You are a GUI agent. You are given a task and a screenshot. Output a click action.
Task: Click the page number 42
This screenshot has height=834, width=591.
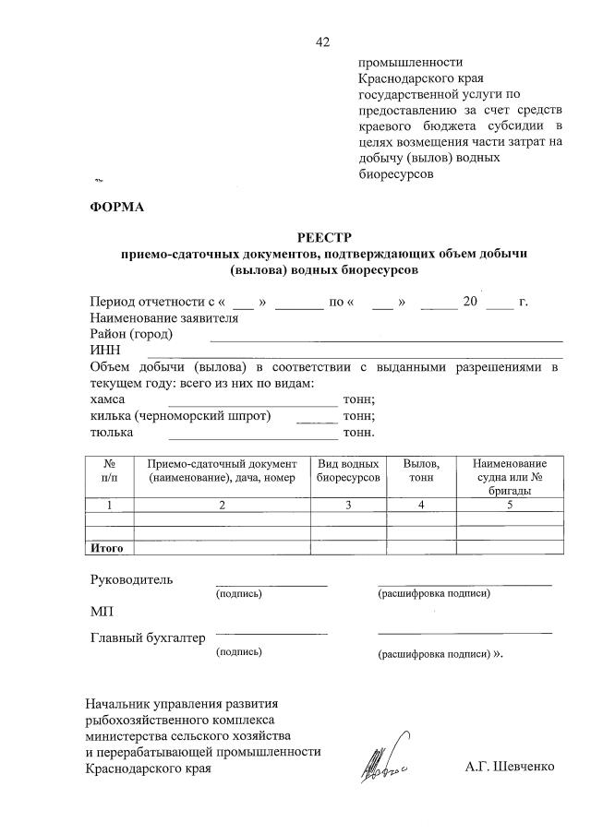click(x=322, y=42)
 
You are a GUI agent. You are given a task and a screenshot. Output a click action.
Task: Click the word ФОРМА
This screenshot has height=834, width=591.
click(x=117, y=207)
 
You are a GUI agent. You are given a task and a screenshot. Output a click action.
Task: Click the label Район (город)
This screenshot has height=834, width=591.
click(x=130, y=334)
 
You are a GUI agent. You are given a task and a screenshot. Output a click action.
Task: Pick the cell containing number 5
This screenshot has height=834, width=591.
click(x=510, y=505)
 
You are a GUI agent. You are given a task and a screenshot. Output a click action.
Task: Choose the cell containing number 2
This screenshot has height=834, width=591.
click(x=222, y=505)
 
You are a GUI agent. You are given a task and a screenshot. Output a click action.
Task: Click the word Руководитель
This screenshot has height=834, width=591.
click(x=130, y=580)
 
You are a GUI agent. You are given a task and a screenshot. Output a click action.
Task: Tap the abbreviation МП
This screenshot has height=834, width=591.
click(x=102, y=611)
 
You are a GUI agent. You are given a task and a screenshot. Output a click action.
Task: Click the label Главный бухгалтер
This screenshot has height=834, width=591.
click(x=148, y=637)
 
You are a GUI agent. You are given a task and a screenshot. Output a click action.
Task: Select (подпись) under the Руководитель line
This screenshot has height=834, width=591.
click(x=239, y=594)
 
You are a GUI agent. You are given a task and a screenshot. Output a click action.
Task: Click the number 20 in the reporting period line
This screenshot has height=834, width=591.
click(x=470, y=302)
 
